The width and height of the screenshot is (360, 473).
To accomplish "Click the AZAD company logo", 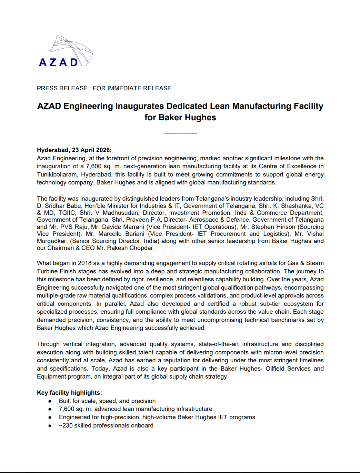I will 66,52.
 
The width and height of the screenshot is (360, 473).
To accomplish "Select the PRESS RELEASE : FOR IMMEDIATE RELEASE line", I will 104,88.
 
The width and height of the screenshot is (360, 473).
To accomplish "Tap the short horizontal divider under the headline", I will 180,133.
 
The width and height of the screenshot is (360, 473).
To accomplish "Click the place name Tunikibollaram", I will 57,174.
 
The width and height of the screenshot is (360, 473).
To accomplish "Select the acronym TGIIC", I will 67,213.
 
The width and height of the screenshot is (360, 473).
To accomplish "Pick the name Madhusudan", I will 121,213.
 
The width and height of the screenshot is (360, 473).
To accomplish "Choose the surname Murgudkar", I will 52,241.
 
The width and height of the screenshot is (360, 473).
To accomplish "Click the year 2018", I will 84,263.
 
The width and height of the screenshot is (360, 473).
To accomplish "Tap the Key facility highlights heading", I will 69,393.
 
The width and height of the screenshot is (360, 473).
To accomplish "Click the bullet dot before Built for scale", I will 50,401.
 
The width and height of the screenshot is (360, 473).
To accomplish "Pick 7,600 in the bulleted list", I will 67,409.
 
